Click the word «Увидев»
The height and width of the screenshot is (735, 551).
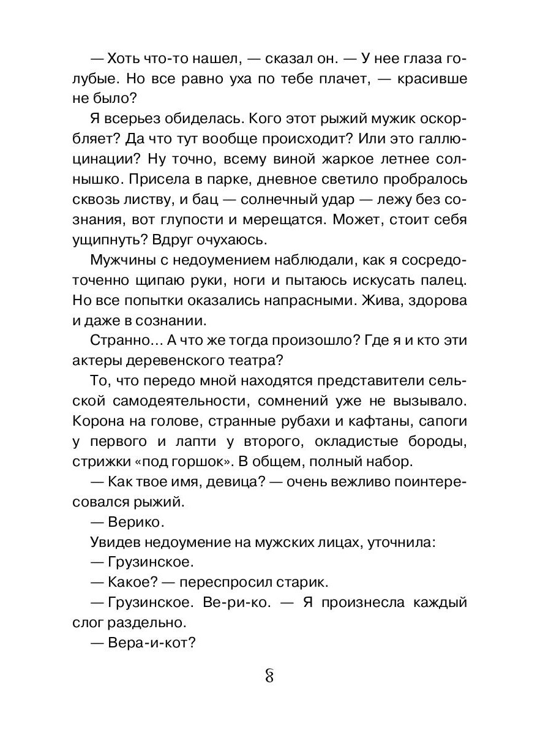118,541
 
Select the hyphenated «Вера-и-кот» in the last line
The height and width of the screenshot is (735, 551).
148,643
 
